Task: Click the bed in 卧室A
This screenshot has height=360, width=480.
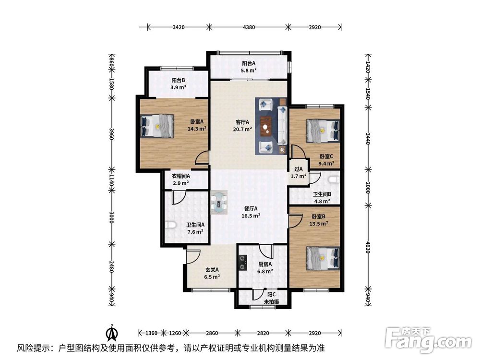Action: (156, 127)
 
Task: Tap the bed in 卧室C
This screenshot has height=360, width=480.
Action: (323, 131)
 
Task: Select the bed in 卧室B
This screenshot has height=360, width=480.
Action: (323, 260)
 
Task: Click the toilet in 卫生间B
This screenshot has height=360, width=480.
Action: (334, 180)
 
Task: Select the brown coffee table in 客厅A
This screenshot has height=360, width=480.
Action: (265, 127)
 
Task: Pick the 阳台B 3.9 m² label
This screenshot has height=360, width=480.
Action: (179, 84)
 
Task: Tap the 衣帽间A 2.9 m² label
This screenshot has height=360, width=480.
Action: (181, 180)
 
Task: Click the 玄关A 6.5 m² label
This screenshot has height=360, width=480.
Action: (212, 273)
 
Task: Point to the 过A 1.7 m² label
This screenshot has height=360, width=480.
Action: (298, 173)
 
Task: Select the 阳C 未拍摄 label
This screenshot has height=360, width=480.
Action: (271, 298)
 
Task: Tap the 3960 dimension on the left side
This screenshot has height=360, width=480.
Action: (111, 133)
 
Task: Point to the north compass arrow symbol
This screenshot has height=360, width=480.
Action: (111, 332)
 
